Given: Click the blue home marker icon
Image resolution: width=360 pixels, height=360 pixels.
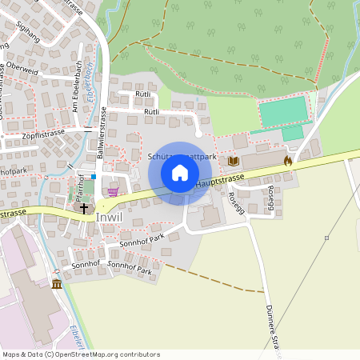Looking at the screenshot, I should click(x=179, y=172).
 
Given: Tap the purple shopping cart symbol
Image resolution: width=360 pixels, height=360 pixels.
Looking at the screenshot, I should click(x=114, y=191).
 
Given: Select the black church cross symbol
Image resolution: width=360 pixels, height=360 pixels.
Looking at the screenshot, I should click(x=84, y=207).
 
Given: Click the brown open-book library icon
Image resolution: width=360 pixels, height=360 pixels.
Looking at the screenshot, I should click(x=234, y=161).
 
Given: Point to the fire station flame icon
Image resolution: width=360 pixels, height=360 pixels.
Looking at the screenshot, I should click(x=287, y=160).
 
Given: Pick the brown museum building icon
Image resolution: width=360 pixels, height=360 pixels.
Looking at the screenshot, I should click(x=57, y=284).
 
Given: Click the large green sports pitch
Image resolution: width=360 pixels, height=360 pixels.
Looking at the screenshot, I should click(x=283, y=110).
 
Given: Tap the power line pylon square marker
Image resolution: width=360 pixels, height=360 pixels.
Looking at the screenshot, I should click(x=326, y=238).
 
